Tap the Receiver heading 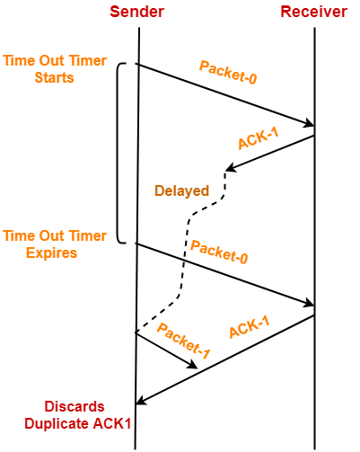click(x=315, y=12)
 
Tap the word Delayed click(x=181, y=191)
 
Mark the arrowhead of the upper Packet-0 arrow click(x=310, y=124)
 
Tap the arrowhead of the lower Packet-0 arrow click(x=310, y=304)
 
